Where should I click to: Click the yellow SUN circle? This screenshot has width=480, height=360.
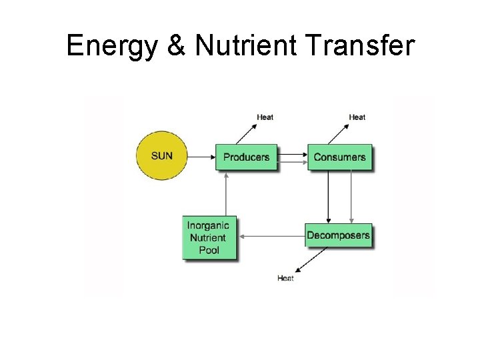tap(162, 156)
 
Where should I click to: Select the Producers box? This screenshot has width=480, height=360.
tap(246, 157)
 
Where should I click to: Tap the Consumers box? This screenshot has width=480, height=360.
tap(339, 157)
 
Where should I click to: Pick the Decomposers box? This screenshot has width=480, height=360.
tap(338, 235)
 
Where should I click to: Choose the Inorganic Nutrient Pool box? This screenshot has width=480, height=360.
tap(209, 237)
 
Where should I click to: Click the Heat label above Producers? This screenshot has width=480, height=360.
tap(265, 117)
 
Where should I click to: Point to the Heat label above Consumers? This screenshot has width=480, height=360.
tap(357, 117)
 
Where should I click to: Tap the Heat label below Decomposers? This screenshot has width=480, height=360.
tap(285, 278)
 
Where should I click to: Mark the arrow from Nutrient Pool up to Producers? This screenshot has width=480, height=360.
tap(227, 193)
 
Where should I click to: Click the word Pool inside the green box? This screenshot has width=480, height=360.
tap(209, 250)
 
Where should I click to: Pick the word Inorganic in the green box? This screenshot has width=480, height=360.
tap(208, 225)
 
